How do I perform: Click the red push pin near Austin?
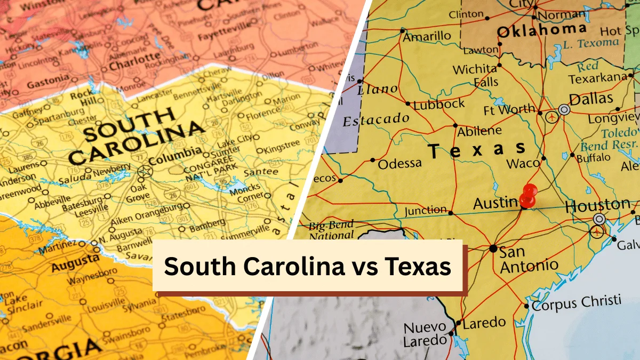[529, 195]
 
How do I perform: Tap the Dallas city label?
[591, 99]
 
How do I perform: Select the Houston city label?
[597, 205]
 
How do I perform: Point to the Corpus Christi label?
[576, 302]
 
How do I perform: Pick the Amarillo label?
[427, 37]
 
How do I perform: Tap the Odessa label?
[399, 164]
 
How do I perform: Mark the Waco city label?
[523, 163]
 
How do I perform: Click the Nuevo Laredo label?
[425, 334]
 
